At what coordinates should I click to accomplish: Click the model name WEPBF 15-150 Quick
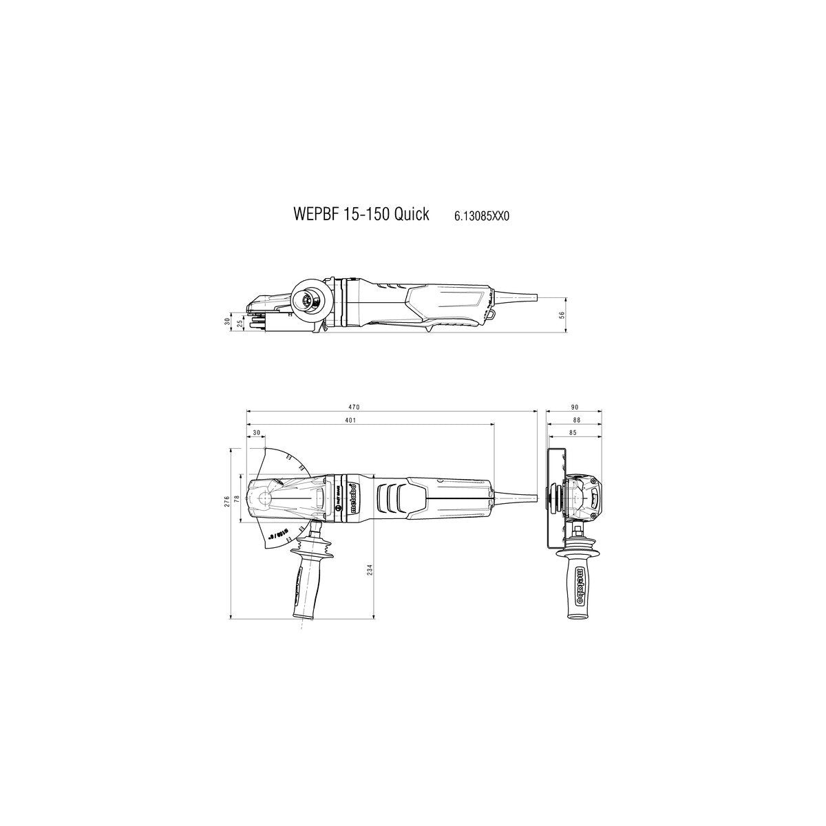[x=361, y=214]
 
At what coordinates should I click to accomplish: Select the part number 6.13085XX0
[x=481, y=216]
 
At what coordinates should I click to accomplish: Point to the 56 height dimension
[x=561, y=315]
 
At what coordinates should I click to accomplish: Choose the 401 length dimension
[x=350, y=420]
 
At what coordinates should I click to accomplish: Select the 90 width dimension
[x=573, y=407]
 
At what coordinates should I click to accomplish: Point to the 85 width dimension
[x=573, y=433]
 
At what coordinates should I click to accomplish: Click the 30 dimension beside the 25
[x=227, y=321]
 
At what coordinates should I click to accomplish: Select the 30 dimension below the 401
[x=257, y=433]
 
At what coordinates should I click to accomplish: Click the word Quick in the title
[x=412, y=214]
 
